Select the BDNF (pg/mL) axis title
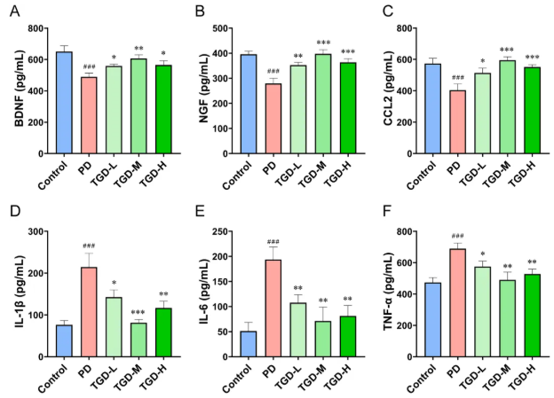tap(18, 90)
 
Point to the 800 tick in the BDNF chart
tap(36, 28)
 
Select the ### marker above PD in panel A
tap(89, 67)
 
